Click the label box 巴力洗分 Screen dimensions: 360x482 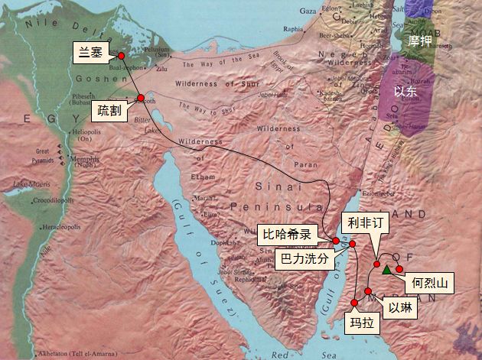305,260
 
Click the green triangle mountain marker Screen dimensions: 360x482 387,269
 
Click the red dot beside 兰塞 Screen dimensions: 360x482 121,56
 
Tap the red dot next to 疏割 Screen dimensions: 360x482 142,97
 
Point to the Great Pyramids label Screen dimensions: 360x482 44,157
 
